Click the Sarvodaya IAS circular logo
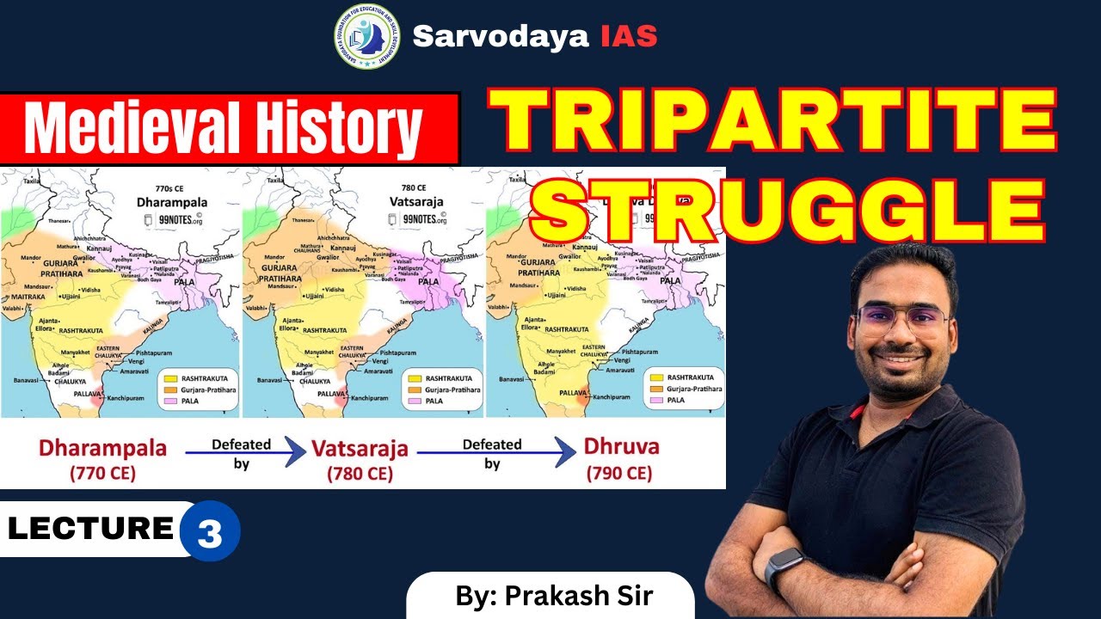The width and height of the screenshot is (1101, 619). [x=367, y=36]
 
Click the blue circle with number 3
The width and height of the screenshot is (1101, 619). [x=210, y=533]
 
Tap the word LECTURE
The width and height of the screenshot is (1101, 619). [x=90, y=528]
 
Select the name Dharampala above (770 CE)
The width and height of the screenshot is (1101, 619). [x=102, y=448]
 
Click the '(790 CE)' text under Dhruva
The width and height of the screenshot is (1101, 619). [x=618, y=473]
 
